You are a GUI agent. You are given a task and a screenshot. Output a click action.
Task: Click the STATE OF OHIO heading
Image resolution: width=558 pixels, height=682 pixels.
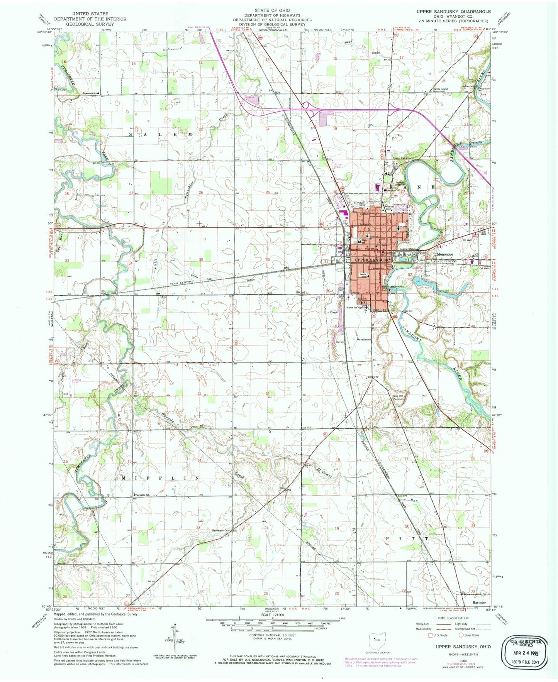272,10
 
